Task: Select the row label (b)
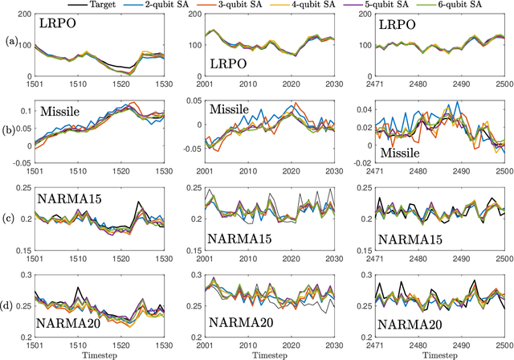(x=10, y=127)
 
